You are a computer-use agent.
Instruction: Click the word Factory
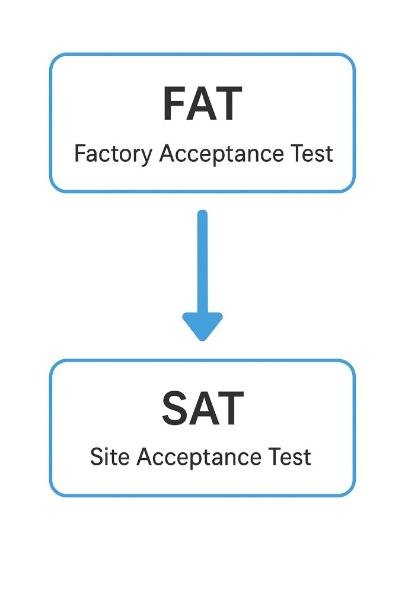[x=113, y=155]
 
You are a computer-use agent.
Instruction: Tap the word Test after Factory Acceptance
[x=312, y=154]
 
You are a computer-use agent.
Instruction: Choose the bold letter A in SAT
[x=202, y=409]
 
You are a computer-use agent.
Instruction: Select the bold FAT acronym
[x=202, y=104]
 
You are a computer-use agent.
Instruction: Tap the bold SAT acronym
[x=202, y=409]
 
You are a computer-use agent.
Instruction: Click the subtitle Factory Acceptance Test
[x=203, y=155]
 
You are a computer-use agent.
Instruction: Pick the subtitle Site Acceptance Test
[x=200, y=457]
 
